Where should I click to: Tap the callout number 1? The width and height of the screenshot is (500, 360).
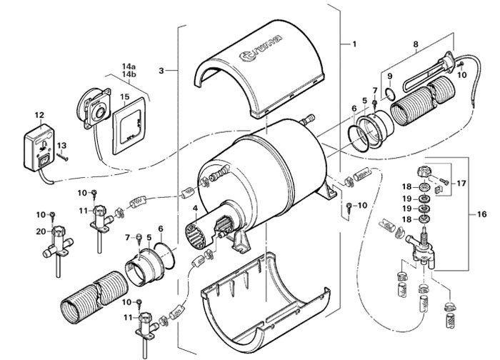coord(352,44)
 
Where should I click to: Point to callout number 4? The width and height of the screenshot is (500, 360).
coord(194,208)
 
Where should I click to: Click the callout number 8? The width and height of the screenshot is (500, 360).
coord(416,44)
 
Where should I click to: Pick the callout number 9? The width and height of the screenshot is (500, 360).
coord(389,75)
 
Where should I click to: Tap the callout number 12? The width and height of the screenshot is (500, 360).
coord(39,114)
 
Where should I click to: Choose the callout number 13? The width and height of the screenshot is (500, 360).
coord(62,145)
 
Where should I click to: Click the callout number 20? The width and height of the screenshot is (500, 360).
coord(40,230)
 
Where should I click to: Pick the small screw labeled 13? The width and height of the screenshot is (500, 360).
coord(64,157)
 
